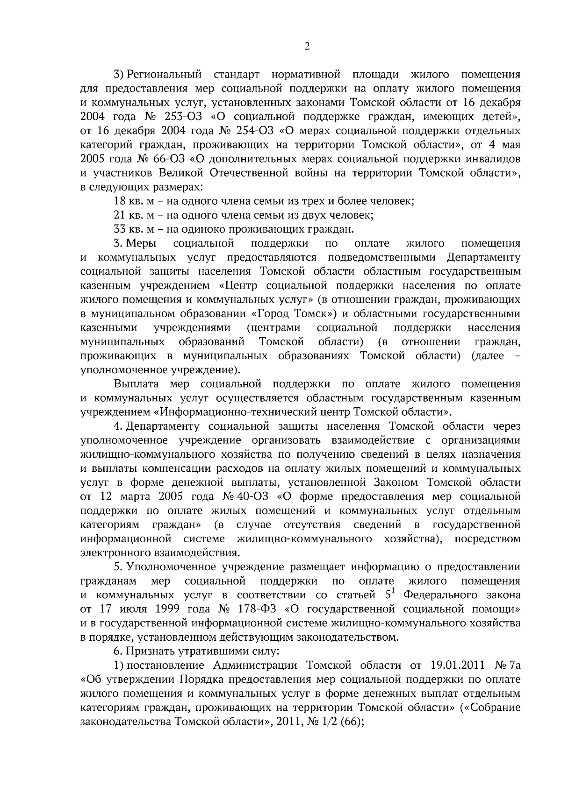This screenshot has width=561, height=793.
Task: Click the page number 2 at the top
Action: pos(307,46)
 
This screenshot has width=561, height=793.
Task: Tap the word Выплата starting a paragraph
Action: pos(136,384)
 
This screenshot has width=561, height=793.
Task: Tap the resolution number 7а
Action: pos(511,665)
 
